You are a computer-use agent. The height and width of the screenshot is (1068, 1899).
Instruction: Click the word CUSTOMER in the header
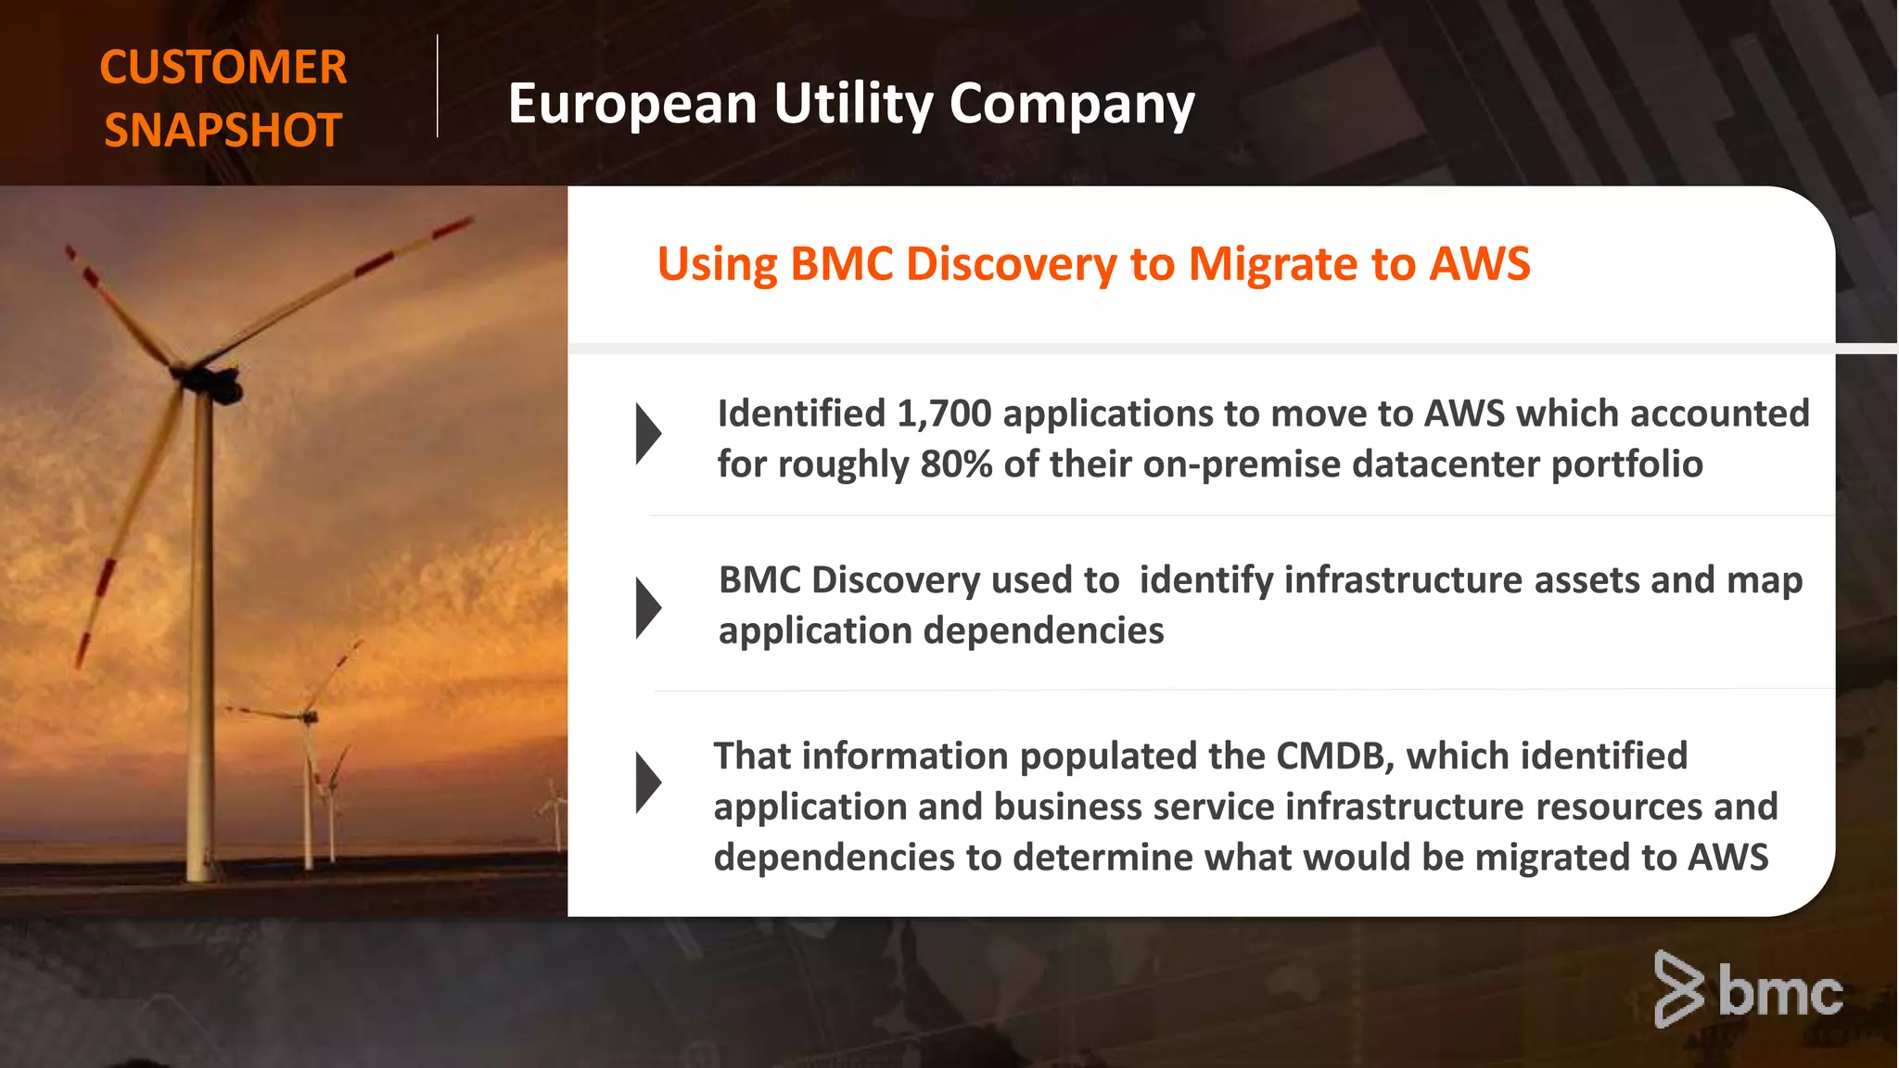223,68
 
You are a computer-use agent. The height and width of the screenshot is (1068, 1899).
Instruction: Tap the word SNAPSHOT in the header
223,130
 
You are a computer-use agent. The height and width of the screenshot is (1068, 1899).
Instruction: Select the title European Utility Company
850,103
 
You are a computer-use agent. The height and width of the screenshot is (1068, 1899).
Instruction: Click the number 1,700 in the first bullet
944,413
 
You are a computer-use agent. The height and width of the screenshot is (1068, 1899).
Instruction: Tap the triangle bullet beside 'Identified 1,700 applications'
648,434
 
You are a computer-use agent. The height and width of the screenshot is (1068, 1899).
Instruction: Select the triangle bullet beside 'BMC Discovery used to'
648,608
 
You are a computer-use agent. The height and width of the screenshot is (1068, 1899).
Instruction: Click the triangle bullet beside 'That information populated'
648,783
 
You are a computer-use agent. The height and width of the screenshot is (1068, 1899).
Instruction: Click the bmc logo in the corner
1748,990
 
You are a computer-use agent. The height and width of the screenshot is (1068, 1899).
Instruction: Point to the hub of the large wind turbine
211,379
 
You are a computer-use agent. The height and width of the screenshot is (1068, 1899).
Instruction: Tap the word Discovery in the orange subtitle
1012,264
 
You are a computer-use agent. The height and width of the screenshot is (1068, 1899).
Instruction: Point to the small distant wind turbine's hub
309,716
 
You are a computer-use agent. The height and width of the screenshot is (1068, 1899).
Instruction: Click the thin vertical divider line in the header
437,86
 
